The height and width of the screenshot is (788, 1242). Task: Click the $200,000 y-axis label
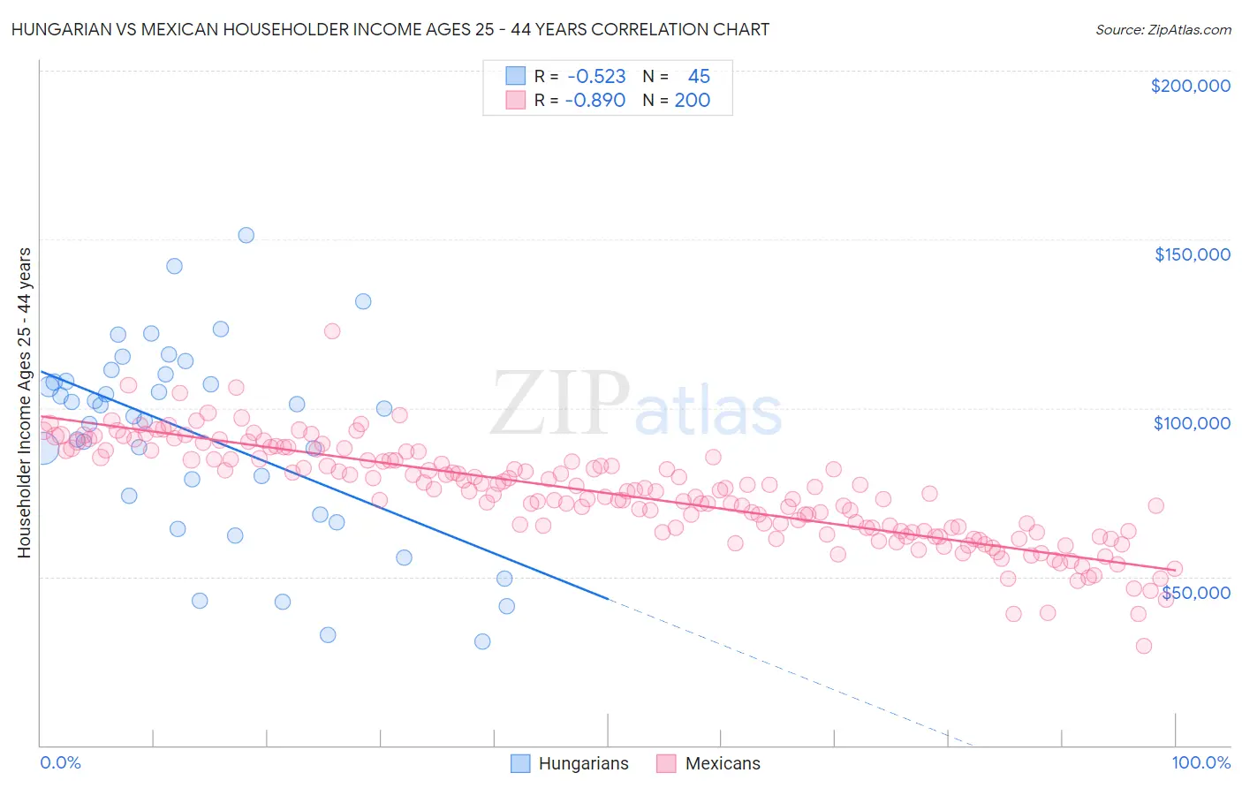pyautogui.click(x=1190, y=86)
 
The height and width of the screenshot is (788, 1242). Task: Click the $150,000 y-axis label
pyautogui.click(x=1192, y=254)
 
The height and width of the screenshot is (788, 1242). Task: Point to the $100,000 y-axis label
pyautogui.click(x=1192, y=423)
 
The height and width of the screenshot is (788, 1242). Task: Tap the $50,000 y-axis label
pyautogui.click(x=1195, y=592)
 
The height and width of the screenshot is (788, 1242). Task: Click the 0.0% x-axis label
pyautogui.click(x=60, y=762)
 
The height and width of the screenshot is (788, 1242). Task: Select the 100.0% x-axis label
pyautogui.click(x=1200, y=762)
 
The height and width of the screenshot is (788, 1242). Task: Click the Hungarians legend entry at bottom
pyautogui.click(x=571, y=763)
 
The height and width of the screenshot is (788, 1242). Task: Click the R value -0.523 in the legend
pyautogui.click(x=596, y=77)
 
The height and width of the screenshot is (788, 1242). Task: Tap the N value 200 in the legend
pyautogui.click(x=693, y=100)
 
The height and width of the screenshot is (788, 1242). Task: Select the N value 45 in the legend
pyautogui.click(x=699, y=77)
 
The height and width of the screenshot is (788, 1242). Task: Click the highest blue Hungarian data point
pyautogui.click(x=246, y=235)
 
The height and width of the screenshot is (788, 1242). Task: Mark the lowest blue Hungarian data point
pyautogui.click(x=482, y=641)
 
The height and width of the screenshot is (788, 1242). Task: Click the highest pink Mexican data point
pyautogui.click(x=332, y=331)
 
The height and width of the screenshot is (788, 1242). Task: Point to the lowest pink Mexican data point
pyautogui.click(x=1144, y=646)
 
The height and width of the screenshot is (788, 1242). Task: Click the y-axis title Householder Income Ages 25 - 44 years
pyautogui.click(x=25, y=403)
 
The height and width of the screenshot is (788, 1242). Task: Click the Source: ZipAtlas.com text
pyautogui.click(x=1162, y=29)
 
